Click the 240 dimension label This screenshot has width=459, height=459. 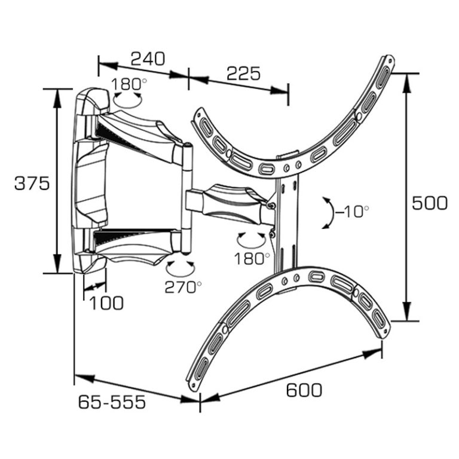pyautogui.click(x=148, y=59)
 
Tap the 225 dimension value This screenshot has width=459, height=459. pyautogui.click(x=243, y=74)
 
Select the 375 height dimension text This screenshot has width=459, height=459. pyautogui.click(x=32, y=183)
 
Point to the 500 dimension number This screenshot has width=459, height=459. pyautogui.click(x=429, y=203)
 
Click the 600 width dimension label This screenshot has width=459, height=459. pyautogui.click(x=304, y=390)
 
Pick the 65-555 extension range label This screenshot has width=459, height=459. pyautogui.click(x=112, y=402)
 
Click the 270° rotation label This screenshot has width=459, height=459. pyautogui.click(x=183, y=287)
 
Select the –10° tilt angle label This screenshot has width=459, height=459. pyautogui.click(x=349, y=212)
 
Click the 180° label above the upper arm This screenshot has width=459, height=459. pyautogui.click(x=128, y=83)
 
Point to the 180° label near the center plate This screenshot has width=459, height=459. pyautogui.click(x=252, y=259)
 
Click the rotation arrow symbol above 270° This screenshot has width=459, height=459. pyautogui.click(x=181, y=267)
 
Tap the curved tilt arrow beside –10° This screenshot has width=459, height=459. pyautogui.click(x=327, y=212)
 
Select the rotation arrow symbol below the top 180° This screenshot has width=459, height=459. pyautogui.click(x=127, y=99)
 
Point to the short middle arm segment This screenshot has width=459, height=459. pyautogui.click(x=224, y=200)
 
